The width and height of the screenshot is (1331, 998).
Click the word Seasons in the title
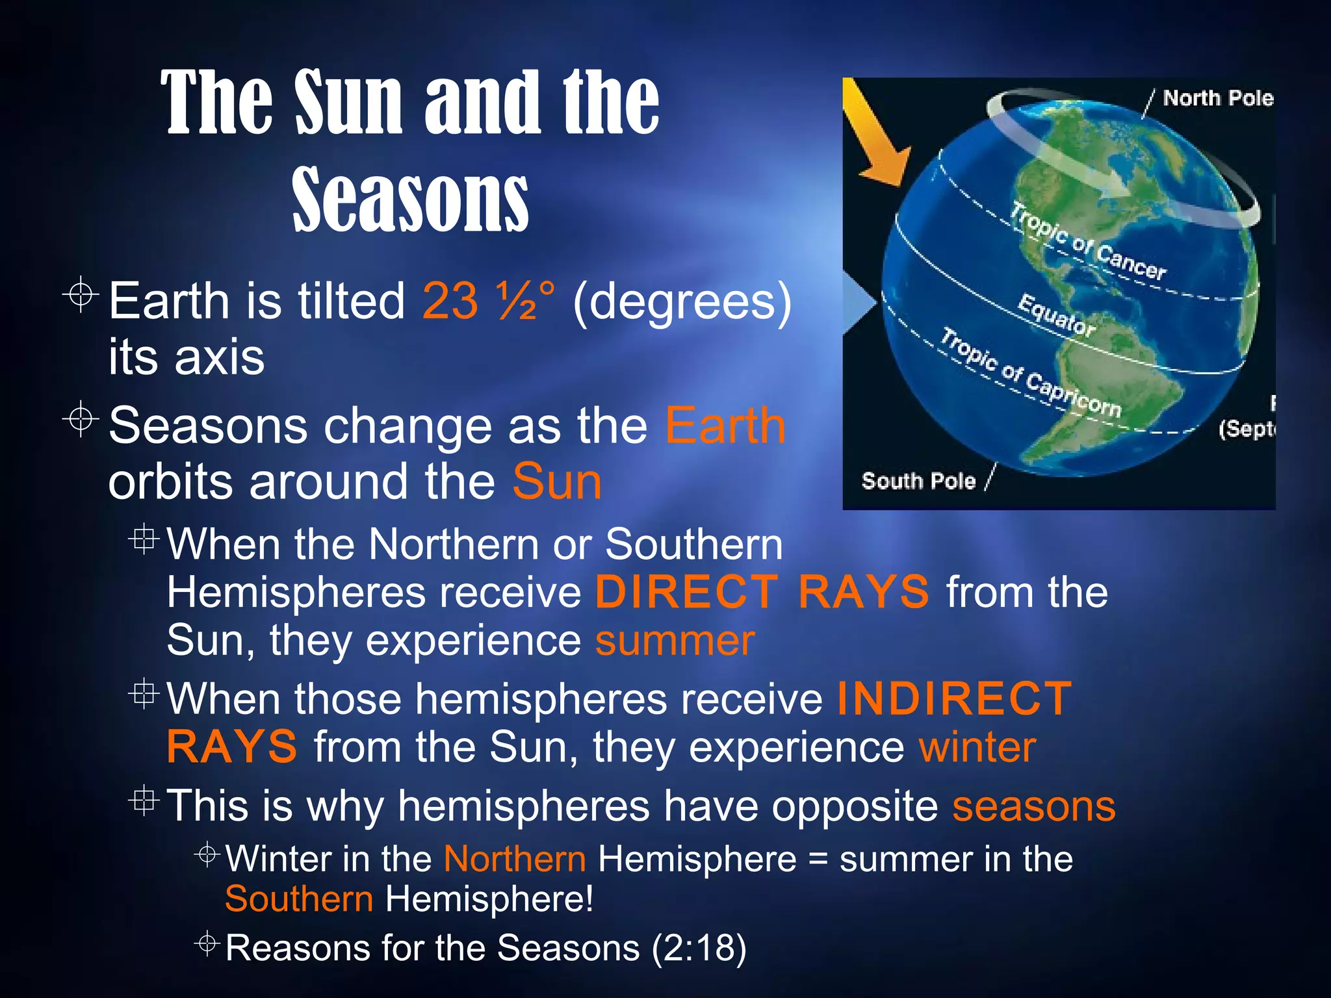tap(410, 198)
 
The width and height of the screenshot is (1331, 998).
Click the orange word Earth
tap(725, 426)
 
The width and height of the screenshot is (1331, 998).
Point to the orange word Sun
tap(557, 481)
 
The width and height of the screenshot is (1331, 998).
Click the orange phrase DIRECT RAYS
tap(762, 592)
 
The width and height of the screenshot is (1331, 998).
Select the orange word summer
tap(675, 641)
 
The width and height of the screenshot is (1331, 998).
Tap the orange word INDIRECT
tap(954, 699)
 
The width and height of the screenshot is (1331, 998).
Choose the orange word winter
tap(977, 747)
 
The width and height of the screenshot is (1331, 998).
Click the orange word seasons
tap(1034, 806)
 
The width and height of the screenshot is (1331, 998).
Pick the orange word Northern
tap(515, 859)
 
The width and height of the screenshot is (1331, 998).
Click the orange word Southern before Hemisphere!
tap(299, 899)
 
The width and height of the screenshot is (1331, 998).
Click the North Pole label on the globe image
tap(1217, 98)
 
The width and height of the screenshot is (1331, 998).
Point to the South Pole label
tap(918, 481)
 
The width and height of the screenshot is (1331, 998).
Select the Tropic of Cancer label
tap(1089, 242)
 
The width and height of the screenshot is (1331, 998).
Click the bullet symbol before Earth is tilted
tap(81, 295)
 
